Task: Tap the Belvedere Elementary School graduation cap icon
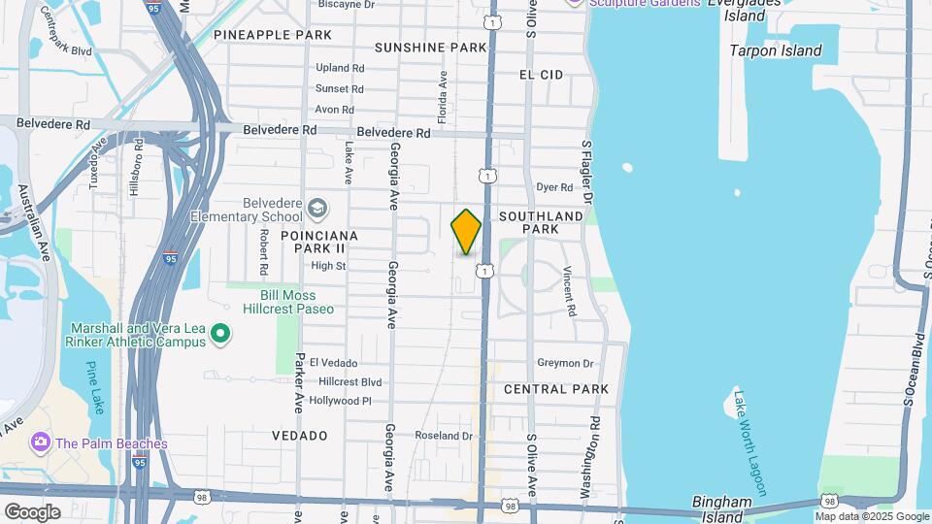pos(317,208)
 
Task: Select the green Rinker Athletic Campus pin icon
pos(220,335)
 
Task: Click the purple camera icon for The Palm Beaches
pos(40,442)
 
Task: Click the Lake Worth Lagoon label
pos(749,442)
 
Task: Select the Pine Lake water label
pos(95,387)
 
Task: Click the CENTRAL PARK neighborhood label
pos(556,389)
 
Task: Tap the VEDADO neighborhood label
pos(300,436)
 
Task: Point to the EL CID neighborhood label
pos(541,74)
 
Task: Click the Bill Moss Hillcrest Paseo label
pos(296,302)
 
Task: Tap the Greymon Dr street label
pos(565,363)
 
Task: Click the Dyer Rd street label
pos(554,187)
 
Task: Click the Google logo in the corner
pos(32,511)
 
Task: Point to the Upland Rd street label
pos(340,68)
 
